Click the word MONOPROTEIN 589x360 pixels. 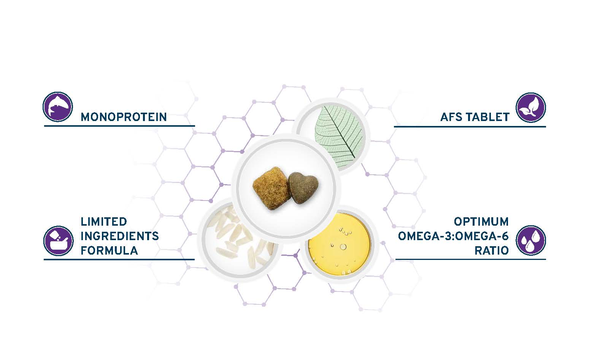[x=124, y=117]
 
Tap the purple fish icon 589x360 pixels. [x=57, y=107]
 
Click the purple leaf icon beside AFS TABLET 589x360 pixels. [x=530, y=108]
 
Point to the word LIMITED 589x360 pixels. [x=103, y=221]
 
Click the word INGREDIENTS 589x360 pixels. [x=120, y=236]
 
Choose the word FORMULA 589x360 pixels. [x=109, y=250]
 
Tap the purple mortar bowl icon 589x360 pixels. [x=59, y=241]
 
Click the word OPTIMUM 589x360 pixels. [x=481, y=221]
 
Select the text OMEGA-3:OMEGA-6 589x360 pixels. [x=453, y=236]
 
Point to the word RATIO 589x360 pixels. [x=491, y=250]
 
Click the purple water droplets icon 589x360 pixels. [x=530, y=241]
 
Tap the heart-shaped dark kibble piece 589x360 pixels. [x=303, y=187]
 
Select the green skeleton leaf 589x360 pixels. [x=340, y=136]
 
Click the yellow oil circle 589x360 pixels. [x=340, y=244]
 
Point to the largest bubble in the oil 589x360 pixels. [x=343, y=247]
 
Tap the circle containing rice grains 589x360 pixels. [x=240, y=239]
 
